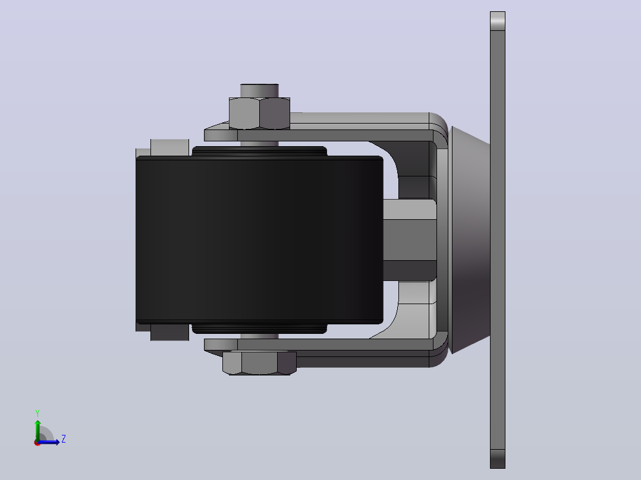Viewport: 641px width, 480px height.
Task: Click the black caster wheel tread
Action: [259, 240]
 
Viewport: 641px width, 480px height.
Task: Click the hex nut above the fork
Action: [259, 113]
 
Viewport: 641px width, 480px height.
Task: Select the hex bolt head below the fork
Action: [259, 363]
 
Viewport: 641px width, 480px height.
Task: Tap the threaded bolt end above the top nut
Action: [259, 91]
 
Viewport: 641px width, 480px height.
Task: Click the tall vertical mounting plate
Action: [498, 240]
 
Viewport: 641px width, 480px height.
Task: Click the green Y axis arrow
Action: [37, 430]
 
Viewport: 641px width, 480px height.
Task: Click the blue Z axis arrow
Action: [49, 442]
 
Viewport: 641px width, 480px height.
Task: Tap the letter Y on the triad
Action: [37, 413]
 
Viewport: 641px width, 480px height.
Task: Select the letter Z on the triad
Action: [64, 439]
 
